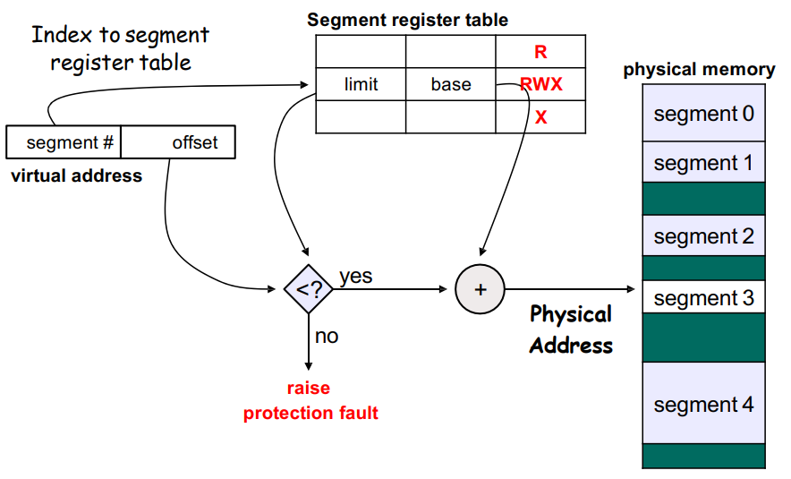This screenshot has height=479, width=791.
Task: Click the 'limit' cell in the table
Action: [x=361, y=84]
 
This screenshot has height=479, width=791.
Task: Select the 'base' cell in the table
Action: [x=450, y=84]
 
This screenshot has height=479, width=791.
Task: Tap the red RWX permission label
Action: [x=540, y=84]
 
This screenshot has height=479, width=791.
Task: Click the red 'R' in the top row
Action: [x=540, y=52]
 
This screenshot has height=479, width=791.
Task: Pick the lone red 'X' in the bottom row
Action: [x=540, y=117]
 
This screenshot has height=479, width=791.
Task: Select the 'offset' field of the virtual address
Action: [x=194, y=142]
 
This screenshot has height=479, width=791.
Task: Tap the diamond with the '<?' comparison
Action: [x=308, y=288]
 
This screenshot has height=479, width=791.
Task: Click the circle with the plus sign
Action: [x=481, y=289]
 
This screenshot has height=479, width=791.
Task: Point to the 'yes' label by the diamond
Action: [x=355, y=276]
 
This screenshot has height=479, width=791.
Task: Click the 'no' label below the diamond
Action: [x=327, y=336]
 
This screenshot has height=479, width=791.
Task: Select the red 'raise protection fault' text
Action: [x=310, y=400]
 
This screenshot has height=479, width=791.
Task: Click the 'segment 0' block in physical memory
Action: [x=703, y=114]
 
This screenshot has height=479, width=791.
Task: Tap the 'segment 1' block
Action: [x=703, y=163]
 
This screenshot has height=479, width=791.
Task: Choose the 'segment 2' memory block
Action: [x=703, y=236]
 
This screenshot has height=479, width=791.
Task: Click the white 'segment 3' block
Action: [x=703, y=298]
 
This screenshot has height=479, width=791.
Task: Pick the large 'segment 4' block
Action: [x=703, y=404]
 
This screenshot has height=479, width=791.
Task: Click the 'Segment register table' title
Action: [x=407, y=20]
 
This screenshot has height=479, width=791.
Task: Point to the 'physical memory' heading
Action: [x=699, y=69]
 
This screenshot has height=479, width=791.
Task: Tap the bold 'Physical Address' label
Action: [x=571, y=329]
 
